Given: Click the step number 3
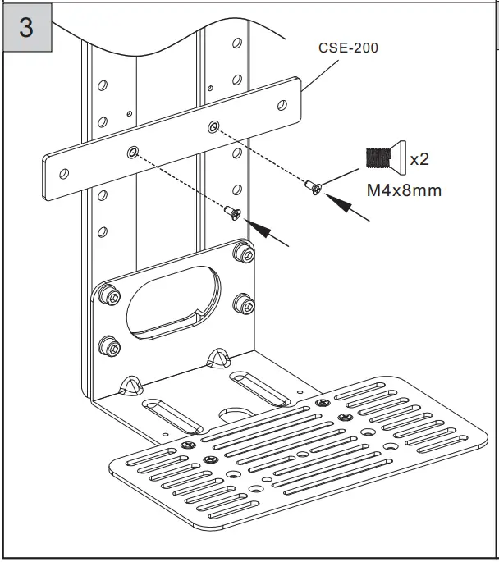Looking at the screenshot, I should coord(26,27).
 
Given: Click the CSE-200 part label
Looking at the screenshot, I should coord(348,48).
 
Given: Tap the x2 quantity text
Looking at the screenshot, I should coord(419,159).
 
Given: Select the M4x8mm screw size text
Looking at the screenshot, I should coord(402,191).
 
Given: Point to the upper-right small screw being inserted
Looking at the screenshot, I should coord(314,187).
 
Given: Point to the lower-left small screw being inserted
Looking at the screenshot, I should coord(232,214).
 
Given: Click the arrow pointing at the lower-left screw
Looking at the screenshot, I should coord(272,235).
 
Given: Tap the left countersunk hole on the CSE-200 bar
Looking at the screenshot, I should coord(132,153).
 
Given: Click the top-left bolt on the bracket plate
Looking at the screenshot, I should coord(107,292).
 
